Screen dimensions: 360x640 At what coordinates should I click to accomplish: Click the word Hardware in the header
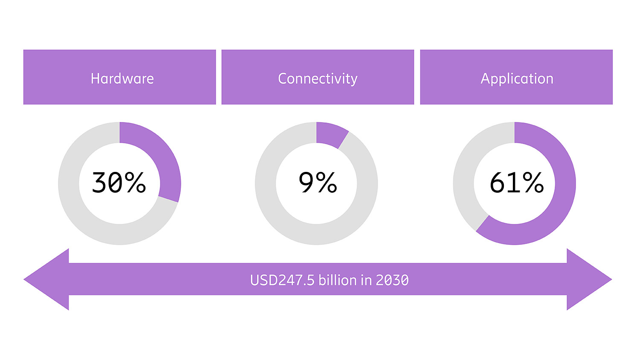[x=122, y=78]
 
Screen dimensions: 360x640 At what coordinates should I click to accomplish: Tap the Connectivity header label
[x=317, y=78]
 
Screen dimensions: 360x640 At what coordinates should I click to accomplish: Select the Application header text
[x=517, y=78]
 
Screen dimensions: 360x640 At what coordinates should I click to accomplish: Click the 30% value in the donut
[x=119, y=183]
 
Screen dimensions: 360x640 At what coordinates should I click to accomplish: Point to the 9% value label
[x=317, y=183]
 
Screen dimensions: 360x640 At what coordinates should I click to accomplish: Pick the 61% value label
[x=516, y=183]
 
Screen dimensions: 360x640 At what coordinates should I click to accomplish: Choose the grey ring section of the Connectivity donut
[x=299, y=230]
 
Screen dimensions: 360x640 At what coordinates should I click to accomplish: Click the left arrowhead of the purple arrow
[x=47, y=279]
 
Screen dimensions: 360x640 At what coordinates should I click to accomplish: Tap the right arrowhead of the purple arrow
[x=589, y=279]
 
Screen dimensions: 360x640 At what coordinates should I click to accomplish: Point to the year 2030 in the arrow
[x=392, y=280]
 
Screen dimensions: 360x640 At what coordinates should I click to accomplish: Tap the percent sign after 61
[x=533, y=183]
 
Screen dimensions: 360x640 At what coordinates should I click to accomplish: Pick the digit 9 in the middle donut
[x=306, y=183]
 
